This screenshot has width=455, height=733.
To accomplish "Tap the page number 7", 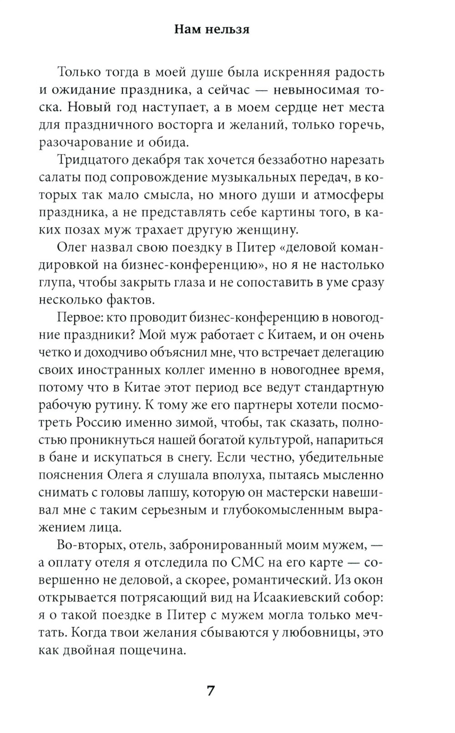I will point(210,691).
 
